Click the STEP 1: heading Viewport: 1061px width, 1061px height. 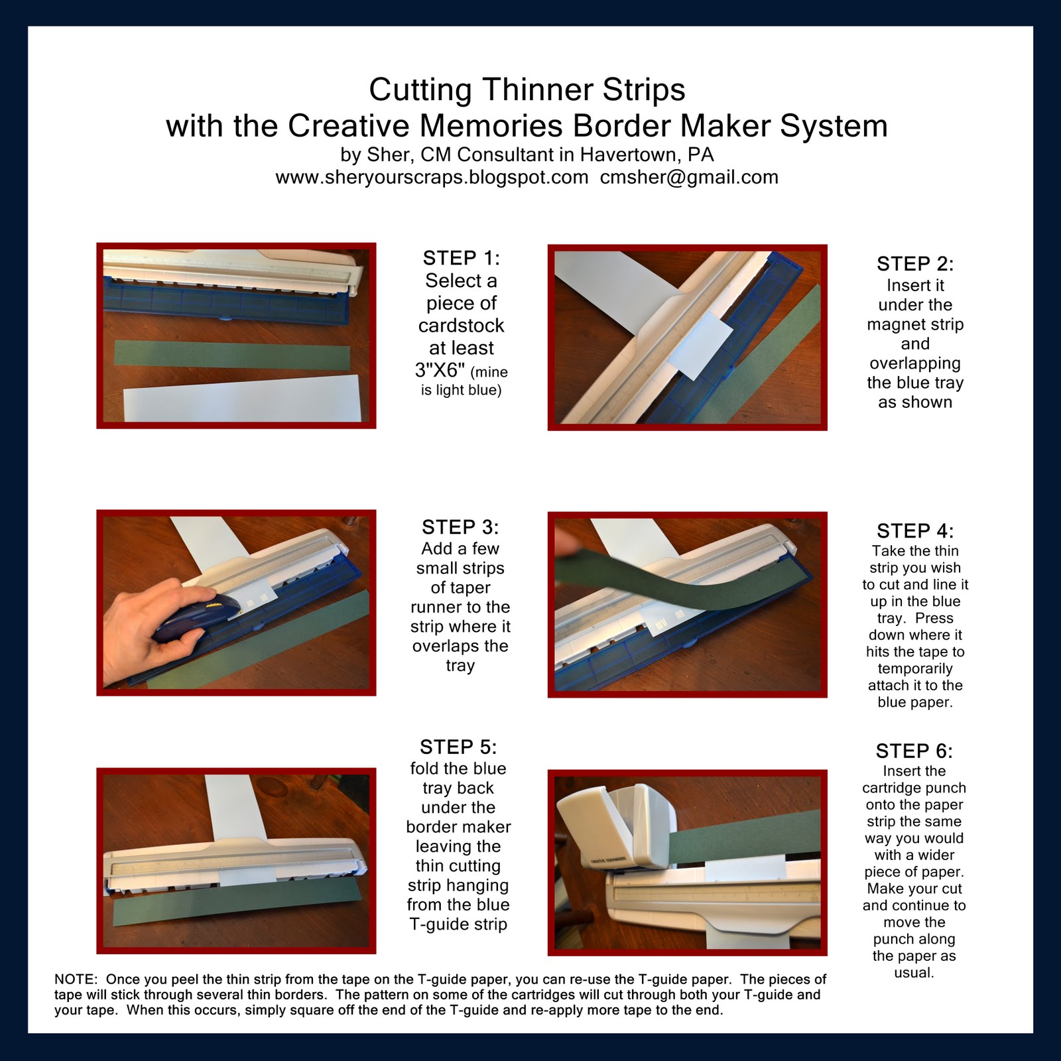pos(461,257)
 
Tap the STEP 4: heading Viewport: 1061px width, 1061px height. pos(914,530)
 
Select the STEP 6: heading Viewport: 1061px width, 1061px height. pos(914,751)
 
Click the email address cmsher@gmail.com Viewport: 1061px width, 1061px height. pos(689,178)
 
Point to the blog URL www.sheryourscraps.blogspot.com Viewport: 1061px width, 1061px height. pos(432,178)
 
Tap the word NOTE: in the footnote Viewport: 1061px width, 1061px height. pos(76,979)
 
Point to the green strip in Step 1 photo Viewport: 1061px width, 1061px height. pos(232,352)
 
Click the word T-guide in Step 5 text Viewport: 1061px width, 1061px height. pos(434,924)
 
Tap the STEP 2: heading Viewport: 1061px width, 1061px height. pos(914,263)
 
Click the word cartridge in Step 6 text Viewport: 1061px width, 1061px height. pos(914,788)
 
